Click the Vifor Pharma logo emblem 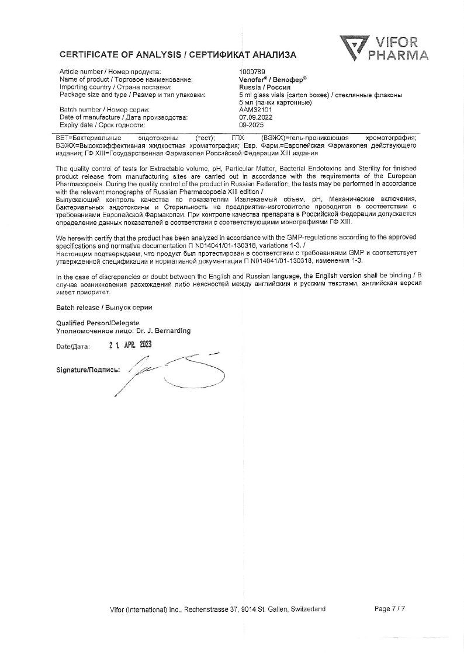click(353, 48)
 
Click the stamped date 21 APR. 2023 click(130, 344)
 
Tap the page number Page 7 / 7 click(389, 609)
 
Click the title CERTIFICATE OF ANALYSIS click(120, 55)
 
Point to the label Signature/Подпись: click(88, 370)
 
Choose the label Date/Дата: click(73, 346)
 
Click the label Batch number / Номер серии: click(105, 109)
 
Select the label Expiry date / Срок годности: click(102, 124)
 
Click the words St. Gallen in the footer click(278, 609)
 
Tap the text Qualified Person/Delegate click(98, 323)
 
